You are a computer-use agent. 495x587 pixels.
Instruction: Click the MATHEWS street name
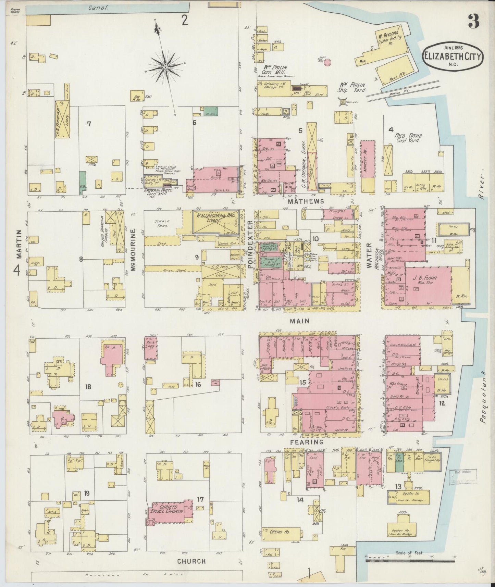(x=306, y=201)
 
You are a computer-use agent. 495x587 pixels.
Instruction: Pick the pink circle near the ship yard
(x=327, y=62)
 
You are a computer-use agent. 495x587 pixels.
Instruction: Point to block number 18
(x=88, y=386)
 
